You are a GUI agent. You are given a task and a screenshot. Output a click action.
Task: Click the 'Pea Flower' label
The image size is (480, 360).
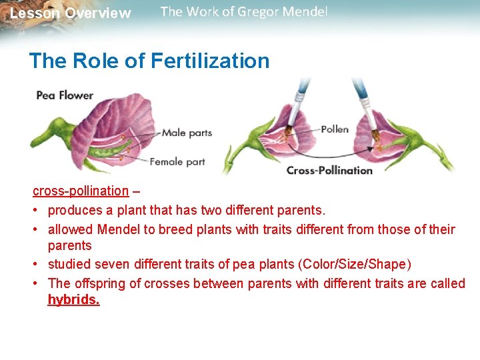pyautogui.click(x=65, y=95)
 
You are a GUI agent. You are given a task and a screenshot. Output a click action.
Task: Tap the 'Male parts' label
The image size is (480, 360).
pyautogui.click(x=187, y=133)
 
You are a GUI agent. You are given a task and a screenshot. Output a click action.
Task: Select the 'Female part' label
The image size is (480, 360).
pyautogui.click(x=177, y=161)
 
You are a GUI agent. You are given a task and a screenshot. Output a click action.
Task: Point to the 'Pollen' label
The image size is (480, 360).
pyautogui.click(x=334, y=129)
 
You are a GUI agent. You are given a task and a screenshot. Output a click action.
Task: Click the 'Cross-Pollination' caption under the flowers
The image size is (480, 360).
pyautogui.click(x=329, y=170)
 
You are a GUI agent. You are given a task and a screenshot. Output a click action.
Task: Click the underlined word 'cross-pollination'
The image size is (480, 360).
pyautogui.click(x=81, y=191)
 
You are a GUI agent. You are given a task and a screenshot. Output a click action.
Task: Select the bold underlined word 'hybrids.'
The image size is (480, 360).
pyautogui.click(x=73, y=300)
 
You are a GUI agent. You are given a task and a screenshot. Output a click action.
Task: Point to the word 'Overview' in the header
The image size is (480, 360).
pyautogui.click(x=98, y=13)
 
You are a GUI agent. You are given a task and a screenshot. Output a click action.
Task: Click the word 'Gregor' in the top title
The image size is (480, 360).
pyautogui.click(x=253, y=12)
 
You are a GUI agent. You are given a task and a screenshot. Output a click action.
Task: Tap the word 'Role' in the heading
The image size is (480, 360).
pyautogui.click(x=98, y=61)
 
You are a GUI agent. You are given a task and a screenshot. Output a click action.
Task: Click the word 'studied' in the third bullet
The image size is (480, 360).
pyautogui.click(x=69, y=265)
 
